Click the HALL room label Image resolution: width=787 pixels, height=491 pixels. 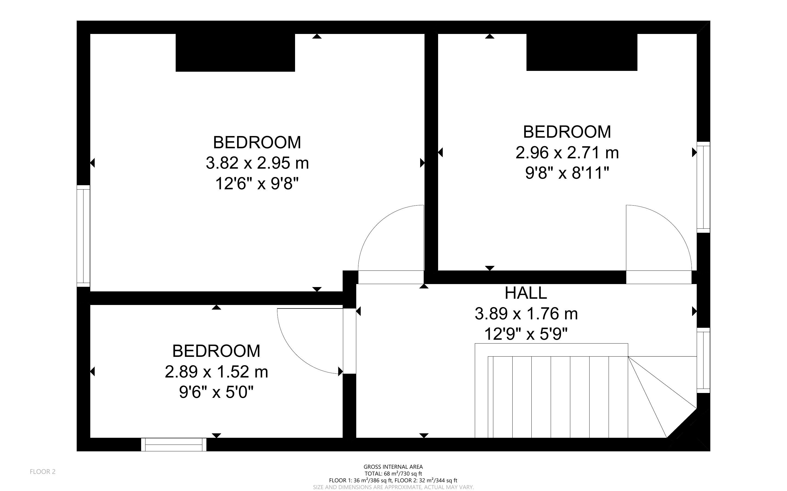click(526, 293)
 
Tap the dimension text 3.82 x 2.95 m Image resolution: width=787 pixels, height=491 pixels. click(257, 163)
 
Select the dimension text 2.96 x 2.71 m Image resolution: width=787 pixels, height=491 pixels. click(567, 153)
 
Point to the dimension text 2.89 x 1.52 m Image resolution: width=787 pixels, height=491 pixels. click(216, 372)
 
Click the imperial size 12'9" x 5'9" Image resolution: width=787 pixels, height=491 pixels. click(526, 334)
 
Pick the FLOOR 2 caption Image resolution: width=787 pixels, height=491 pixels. click(43, 471)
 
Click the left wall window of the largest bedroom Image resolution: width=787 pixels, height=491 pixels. click(83, 236)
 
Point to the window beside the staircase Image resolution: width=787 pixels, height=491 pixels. click(704, 360)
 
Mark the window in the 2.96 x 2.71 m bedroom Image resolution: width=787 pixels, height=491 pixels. click(704, 187)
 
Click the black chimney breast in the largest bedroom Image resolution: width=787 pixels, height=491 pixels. click(235, 53)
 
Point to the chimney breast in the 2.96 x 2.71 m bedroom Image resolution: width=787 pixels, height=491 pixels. click(582, 52)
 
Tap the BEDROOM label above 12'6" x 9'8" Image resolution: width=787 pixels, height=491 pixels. click(257, 142)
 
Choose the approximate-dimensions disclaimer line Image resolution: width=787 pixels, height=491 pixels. click(393, 487)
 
